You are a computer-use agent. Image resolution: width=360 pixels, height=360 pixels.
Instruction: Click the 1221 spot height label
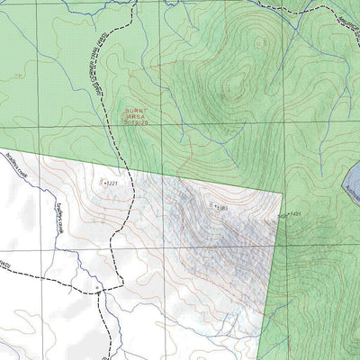click(112, 184)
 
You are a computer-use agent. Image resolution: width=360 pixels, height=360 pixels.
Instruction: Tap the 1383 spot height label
click(221, 208)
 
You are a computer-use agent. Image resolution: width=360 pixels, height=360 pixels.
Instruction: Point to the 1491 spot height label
click(293, 214)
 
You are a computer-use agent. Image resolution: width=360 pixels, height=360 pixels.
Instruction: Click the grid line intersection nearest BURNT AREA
click(161, 124)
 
